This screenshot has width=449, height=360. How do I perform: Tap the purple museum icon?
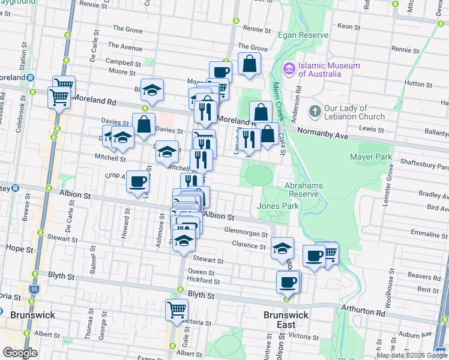pos(289,70)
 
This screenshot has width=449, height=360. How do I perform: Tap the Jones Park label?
pos(277,206)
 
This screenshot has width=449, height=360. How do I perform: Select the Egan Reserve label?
pos(303,35)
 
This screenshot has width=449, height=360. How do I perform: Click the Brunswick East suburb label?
pos(286,320)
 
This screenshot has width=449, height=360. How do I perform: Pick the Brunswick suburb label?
pos(32,315)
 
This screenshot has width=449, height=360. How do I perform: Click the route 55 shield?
pos(34,290)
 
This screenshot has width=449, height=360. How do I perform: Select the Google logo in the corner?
pos(20,352)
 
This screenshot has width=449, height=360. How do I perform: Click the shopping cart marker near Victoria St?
pos(177,310)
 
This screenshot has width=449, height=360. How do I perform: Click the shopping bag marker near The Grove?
pos(249,64)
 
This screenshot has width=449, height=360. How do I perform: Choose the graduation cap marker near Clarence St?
pos(282,248)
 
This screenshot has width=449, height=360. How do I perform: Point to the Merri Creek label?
pos(279,102)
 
